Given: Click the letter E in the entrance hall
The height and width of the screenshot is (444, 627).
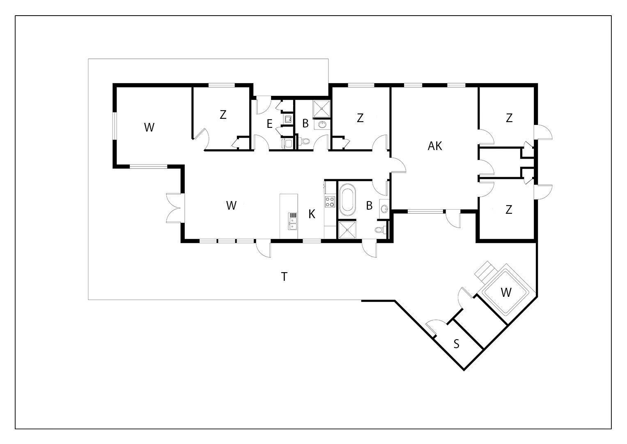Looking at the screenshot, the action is [x=269, y=124].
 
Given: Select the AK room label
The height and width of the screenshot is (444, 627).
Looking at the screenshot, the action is [x=435, y=146].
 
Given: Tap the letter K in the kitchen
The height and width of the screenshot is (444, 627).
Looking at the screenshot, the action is [x=312, y=214].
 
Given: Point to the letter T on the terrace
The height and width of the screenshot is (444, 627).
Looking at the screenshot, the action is [x=284, y=276].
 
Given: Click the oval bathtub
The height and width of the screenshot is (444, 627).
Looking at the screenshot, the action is [x=347, y=199].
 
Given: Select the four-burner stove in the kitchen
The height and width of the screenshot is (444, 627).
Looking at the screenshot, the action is [x=330, y=201].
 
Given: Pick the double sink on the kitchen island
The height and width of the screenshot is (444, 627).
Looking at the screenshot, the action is [x=292, y=222].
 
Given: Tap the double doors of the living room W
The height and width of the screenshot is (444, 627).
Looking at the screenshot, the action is [x=175, y=208].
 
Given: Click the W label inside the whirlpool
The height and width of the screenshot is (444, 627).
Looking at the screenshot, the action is [x=506, y=292].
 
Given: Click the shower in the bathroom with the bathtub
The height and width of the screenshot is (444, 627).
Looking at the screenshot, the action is [x=347, y=230].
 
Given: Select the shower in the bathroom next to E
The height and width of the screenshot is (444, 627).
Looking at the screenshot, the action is [x=322, y=109].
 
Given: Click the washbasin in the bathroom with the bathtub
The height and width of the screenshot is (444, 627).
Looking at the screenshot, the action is [x=385, y=208].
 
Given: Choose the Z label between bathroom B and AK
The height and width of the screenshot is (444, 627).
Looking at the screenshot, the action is [x=360, y=118].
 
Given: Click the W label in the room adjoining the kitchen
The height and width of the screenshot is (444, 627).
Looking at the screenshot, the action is [x=231, y=206].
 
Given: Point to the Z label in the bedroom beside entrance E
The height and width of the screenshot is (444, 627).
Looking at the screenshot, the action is [x=223, y=114].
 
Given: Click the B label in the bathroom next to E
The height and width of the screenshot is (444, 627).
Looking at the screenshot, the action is [x=305, y=123].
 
